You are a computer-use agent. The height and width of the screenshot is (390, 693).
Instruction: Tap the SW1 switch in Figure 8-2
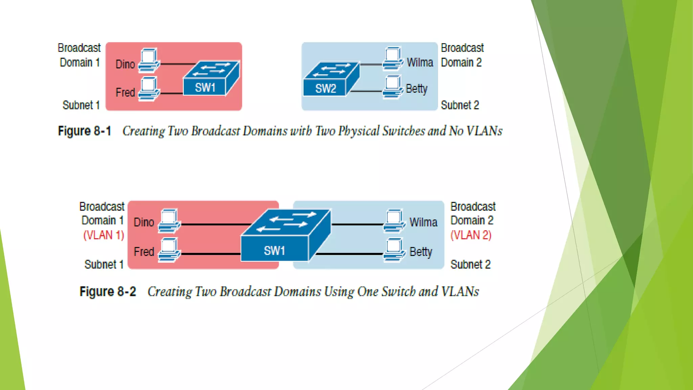[x=284, y=237]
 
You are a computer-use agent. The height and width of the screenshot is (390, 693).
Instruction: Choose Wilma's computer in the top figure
[x=393, y=59]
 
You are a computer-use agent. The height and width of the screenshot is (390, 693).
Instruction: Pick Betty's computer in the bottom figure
[x=394, y=250]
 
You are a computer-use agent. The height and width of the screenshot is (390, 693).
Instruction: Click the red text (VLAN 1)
[x=104, y=235]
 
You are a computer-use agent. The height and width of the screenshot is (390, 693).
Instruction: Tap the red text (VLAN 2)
[x=471, y=235]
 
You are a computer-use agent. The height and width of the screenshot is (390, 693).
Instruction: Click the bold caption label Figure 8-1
[x=85, y=131]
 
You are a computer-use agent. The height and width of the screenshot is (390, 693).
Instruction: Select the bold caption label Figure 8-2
[x=108, y=291]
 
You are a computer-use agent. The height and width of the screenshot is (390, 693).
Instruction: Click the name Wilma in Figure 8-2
[x=423, y=222]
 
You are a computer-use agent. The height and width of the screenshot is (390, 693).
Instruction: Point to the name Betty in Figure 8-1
[x=417, y=89]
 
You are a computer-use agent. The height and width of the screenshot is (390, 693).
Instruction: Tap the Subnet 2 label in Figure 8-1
[x=460, y=105]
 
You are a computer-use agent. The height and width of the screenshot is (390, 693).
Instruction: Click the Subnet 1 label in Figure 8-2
[x=104, y=264]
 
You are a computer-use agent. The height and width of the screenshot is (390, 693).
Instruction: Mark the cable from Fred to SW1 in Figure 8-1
[x=172, y=93]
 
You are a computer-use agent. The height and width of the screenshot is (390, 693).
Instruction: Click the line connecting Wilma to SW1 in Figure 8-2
[x=357, y=224]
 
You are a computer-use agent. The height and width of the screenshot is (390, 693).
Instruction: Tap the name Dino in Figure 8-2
[x=144, y=222]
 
